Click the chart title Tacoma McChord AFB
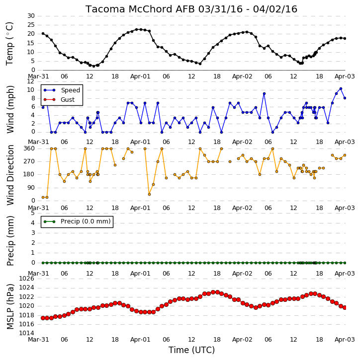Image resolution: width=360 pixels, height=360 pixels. [141, 9]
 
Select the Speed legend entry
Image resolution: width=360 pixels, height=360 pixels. [62, 90]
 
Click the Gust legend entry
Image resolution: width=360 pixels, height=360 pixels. [59, 100]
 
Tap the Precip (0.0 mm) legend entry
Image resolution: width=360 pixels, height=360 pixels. [77, 221]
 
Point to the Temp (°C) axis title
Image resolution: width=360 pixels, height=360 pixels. [9, 44]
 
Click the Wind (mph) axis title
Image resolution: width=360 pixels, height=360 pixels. [10, 110]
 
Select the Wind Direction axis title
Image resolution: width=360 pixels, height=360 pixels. [10, 175]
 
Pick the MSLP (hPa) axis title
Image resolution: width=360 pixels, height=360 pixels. [10, 306]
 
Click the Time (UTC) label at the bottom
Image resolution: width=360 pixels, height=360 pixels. [191, 350]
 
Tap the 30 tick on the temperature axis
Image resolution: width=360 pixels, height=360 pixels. [31, 16]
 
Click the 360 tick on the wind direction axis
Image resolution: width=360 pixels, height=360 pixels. [29, 148]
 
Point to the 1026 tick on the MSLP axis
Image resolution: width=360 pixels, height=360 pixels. [27, 279]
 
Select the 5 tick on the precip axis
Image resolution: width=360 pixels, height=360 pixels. [33, 213]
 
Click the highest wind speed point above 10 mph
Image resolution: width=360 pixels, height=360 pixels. [341, 88]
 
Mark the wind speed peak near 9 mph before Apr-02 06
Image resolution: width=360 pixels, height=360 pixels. [264, 94]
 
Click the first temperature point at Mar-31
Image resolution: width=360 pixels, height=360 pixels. [43, 34]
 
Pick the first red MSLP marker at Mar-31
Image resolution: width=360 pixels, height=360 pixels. [43, 318]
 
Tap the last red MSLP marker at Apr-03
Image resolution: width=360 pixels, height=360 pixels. [345, 307]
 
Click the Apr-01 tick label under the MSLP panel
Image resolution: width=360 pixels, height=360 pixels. [140, 339]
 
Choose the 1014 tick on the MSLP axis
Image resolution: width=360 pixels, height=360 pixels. [27, 333]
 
